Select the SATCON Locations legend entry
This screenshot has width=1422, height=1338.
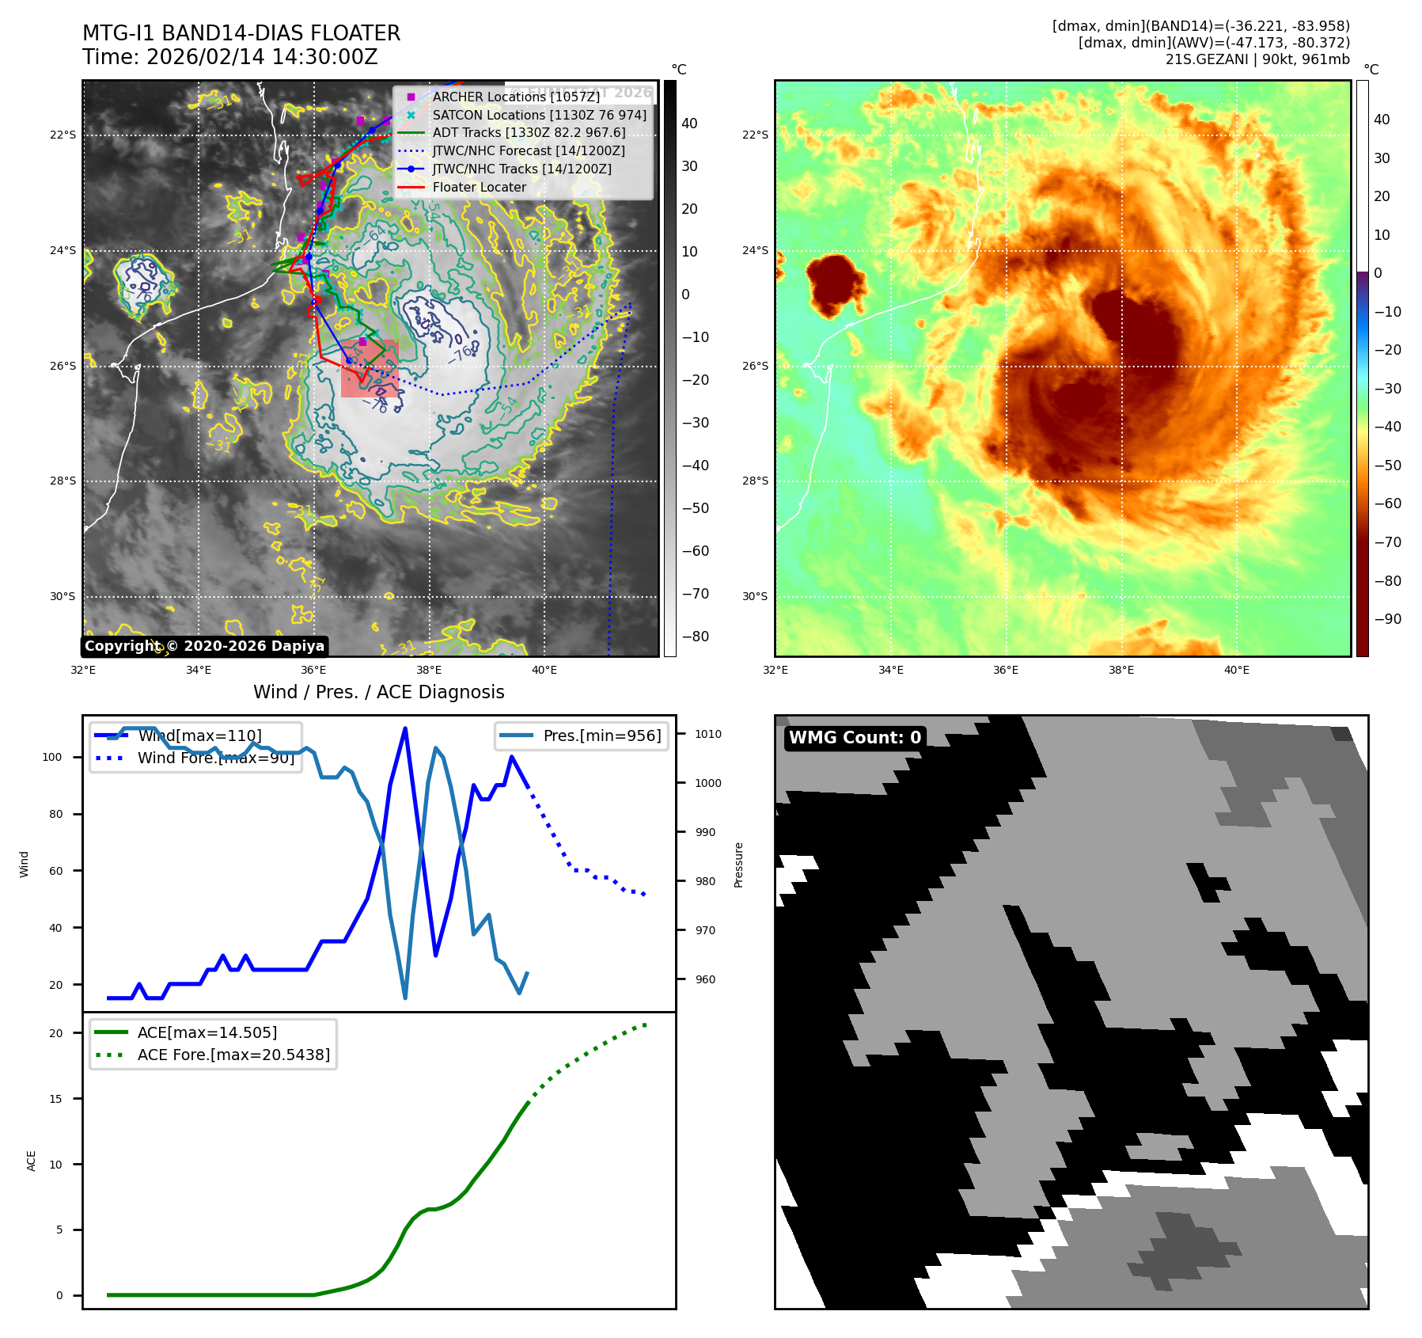coord(539,115)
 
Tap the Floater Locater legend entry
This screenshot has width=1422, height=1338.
coord(479,187)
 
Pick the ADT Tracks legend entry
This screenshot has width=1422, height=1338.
coord(529,132)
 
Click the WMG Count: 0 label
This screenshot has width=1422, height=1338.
coord(855,737)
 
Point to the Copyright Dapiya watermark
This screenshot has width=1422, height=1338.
coord(204,646)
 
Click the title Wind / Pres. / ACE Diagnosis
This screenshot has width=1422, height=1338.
coord(378,692)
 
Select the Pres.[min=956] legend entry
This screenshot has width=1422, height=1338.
coord(601,736)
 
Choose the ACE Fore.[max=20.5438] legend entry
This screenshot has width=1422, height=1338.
coord(233,1055)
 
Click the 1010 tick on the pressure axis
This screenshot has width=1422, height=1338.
coord(707,734)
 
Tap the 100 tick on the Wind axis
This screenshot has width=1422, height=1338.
coord(52,757)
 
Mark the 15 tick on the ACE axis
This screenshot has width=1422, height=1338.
coord(55,1098)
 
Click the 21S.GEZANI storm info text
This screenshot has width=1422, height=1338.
coord(1257,59)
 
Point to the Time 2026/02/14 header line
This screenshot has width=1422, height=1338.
coord(229,57)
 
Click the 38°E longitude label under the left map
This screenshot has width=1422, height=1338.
coord(429,670)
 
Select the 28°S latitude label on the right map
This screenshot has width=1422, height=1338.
coord(754,481)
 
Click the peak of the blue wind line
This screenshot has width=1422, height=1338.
coord(405,728)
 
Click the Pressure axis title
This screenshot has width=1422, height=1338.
coord(738,865)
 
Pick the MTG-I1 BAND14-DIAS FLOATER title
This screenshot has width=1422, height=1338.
coord(241,33)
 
